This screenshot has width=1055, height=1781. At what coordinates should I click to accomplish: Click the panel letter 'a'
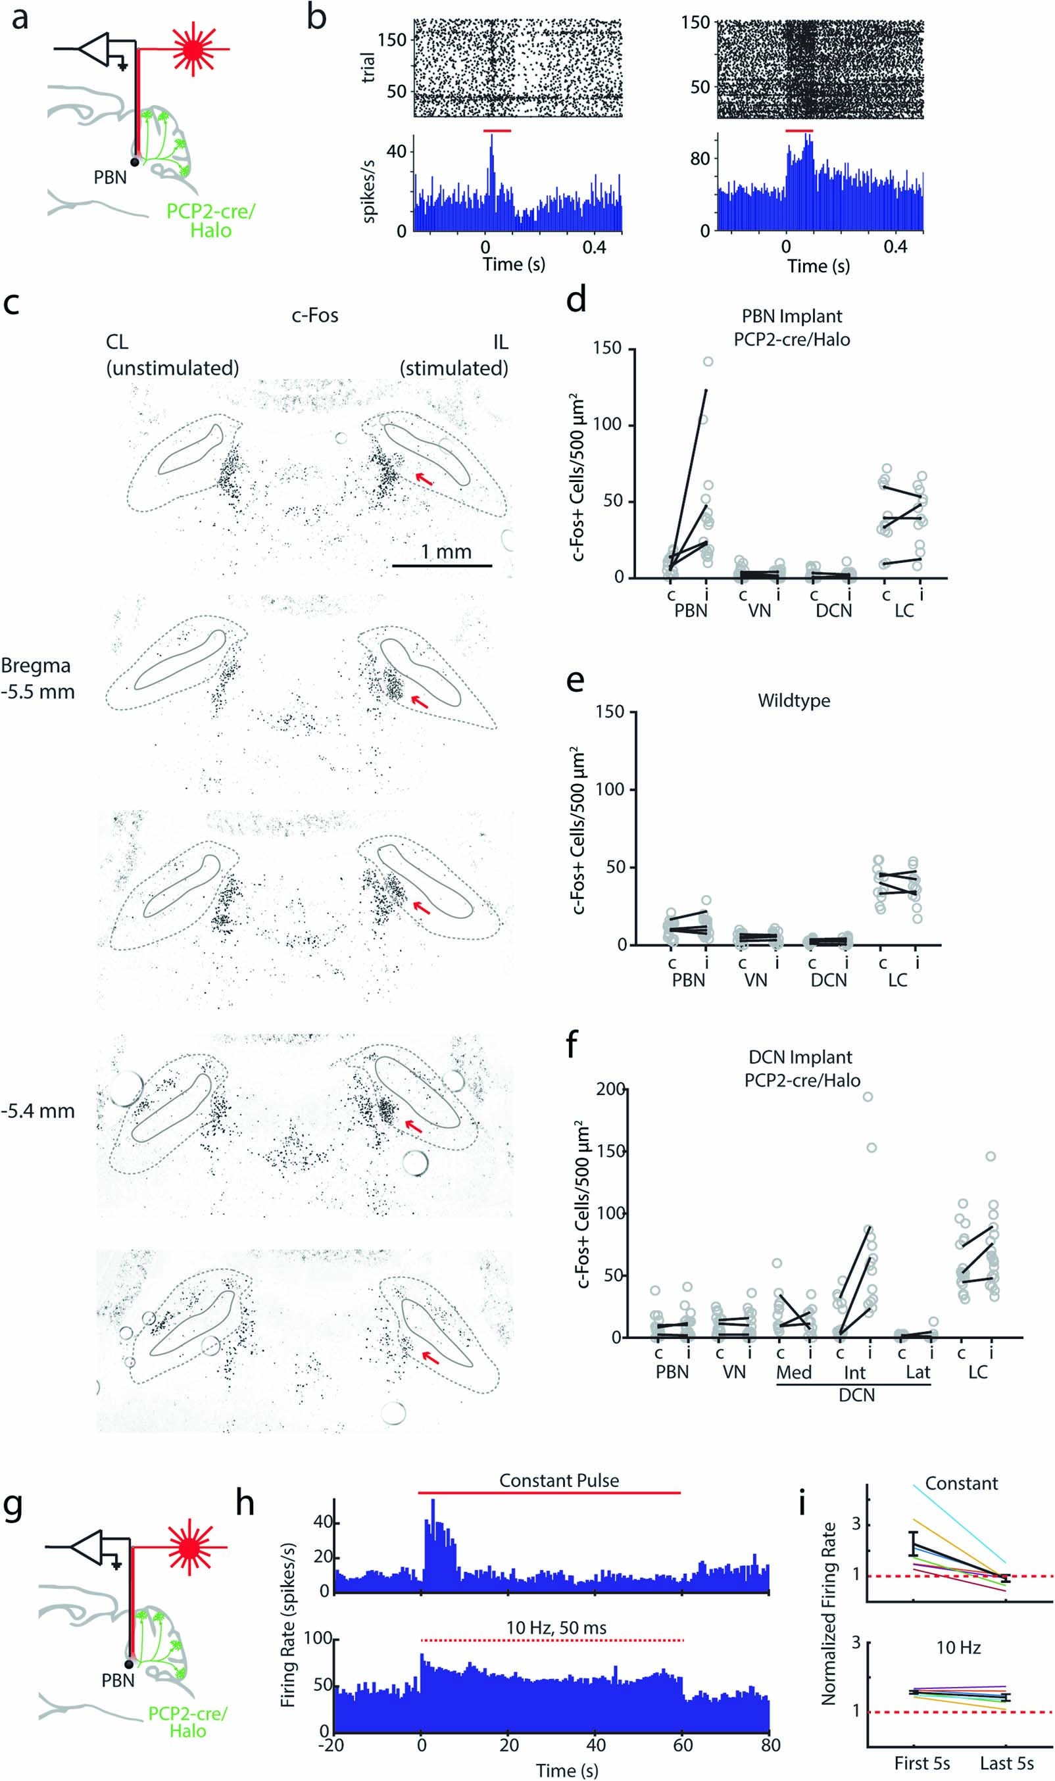19,18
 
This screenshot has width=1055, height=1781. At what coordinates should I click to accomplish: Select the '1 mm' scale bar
441,565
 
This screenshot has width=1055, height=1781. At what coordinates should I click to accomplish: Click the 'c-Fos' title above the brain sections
315,315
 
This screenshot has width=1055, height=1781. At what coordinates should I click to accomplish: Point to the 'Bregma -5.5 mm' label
37,678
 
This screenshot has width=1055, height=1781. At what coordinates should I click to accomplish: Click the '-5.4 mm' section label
37,1110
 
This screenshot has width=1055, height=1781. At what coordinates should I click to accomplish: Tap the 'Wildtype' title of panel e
793,700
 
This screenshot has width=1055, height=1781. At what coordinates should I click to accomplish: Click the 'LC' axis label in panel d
904,610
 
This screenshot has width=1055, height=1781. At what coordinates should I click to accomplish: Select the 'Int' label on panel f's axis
854,1373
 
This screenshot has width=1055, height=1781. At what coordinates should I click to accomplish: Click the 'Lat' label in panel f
918,1373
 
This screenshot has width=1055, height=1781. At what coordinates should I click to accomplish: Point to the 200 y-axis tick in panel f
610,1090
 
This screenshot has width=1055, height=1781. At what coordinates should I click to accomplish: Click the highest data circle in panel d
708,361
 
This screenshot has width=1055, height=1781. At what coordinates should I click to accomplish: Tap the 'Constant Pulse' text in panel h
559,1480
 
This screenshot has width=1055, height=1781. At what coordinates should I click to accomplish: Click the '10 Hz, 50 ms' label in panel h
556,1628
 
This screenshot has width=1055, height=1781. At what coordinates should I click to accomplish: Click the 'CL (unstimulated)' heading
172,354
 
